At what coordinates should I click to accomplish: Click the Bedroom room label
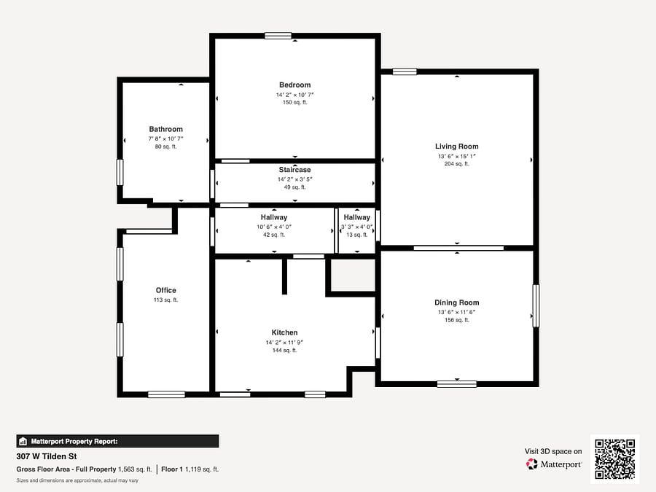pyautogui.click(x=295, y=85)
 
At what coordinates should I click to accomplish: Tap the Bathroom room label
pyautogui.click(x=165, y=129)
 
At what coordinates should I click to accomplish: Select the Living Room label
pyautogui.click(x=457, y=147)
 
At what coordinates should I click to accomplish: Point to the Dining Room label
pyautogui.click(x=457, y=302)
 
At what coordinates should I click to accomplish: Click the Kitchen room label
pyautogui.click(x=284, y=332)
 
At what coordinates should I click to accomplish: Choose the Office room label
pyautogui.click(x=165, y=290)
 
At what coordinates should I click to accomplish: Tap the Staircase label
pyautogui.click(x=295, y=170)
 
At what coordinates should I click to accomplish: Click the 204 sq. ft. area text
pyautogui.click(x=457, y=164)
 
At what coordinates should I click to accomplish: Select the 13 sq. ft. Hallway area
pyautogui.click(x=357, y=235)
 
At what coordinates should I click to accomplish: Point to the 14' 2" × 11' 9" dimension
pyautogui.click(x=284, y=343)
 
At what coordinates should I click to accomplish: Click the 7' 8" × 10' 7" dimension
pyautogui.click(x=165, y=138)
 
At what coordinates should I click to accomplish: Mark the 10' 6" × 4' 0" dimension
pyautogui.click(x=274, y=227)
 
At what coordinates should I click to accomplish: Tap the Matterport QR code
pyautogui.click(x=615, y=459)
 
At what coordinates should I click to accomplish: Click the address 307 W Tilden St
pyautogui.click(x=47, y=456)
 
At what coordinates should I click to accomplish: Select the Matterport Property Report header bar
pyautogui.click(x=117, y=442)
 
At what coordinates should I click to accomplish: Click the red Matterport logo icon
pyautogui.click(x=532, y=464)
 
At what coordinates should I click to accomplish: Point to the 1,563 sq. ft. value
pyautogui.click(x=135, y=469)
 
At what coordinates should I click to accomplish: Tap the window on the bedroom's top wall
pyautogui.click(x=278, y=36)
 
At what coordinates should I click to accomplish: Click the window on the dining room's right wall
pyautogui.click(x=536, y=306)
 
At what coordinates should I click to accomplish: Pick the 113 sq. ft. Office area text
pyautogui.click(x=165, y=300)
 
